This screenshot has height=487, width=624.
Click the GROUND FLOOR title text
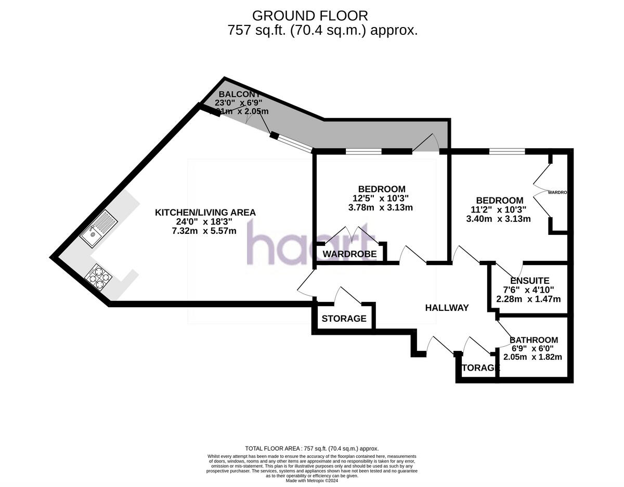click(310, 16)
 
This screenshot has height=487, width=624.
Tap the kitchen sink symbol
click(99, 229)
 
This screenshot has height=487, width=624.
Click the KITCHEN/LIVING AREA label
click(205, 213)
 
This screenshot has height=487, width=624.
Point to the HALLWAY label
click(447, 308)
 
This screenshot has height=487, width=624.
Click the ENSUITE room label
click(529, 281)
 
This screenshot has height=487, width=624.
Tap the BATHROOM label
click(534, 340)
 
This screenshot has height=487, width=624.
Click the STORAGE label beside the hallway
click(344, 319)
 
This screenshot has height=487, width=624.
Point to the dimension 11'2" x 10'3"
click(496, 209)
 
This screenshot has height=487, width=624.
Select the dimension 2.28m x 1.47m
click(528, 299)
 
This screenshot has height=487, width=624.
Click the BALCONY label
click(239, 94)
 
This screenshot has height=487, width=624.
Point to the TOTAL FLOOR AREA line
click(311, 448)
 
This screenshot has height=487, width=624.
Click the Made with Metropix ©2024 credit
click(312, 481)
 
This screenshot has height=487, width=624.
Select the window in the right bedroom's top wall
click(506, 152)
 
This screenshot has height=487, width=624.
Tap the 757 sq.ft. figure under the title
click(256, 30)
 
